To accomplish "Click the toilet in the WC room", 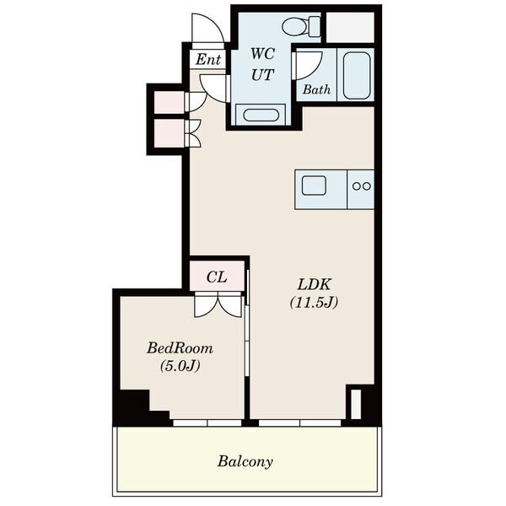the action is point(301,26).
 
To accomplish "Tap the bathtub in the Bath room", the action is point(356,76).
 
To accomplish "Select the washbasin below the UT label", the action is point(261,115).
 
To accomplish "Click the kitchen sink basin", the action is point(314,186).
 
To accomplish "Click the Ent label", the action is point(208,59).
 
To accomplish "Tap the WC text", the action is point(262,54).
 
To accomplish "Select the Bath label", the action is point(316,89).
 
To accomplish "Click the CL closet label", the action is point(217,277).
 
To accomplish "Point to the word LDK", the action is point(314,285).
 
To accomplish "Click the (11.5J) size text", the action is point(314,303).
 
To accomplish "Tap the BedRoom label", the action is point(180,348).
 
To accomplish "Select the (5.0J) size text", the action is point(180,366).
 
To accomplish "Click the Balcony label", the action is point(245,461).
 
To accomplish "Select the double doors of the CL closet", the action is point(218,304).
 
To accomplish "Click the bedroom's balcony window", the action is point(207,423).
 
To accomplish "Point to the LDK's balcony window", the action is point(299,423).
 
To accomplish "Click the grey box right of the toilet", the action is point(350,28).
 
